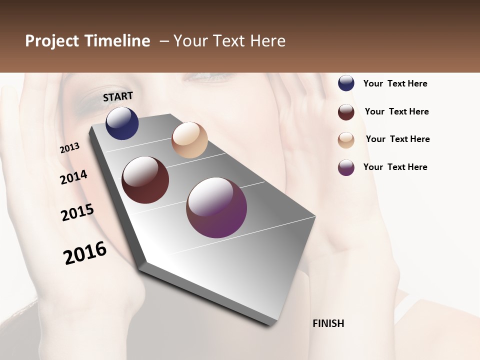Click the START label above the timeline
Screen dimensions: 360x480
coord(118,96)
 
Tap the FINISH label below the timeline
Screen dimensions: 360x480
coord(328,323)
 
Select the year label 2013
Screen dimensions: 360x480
coord(70,148)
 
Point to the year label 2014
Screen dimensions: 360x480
coord(74,177)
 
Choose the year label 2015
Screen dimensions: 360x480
coord(77,212)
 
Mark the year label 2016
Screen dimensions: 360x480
coord(85,252)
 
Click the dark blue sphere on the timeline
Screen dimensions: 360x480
coord(122,123)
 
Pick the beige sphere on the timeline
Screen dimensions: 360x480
coord(189,140)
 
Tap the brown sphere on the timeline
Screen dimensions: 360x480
coord(145,180)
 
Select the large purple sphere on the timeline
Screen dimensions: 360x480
coord(216,207)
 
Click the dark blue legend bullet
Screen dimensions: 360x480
coord(346,83)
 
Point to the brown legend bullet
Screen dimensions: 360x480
coord(346,112)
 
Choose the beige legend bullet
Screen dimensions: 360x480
coord(346,140)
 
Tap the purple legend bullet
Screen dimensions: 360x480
coord(346,167)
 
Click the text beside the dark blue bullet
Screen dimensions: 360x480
coord(395,83)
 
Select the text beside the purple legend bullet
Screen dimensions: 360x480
coord(395,167)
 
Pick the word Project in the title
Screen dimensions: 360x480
coord(52,41)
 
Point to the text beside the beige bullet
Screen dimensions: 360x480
coord(397,139)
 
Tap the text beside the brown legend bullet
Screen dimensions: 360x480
coord(396,111)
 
